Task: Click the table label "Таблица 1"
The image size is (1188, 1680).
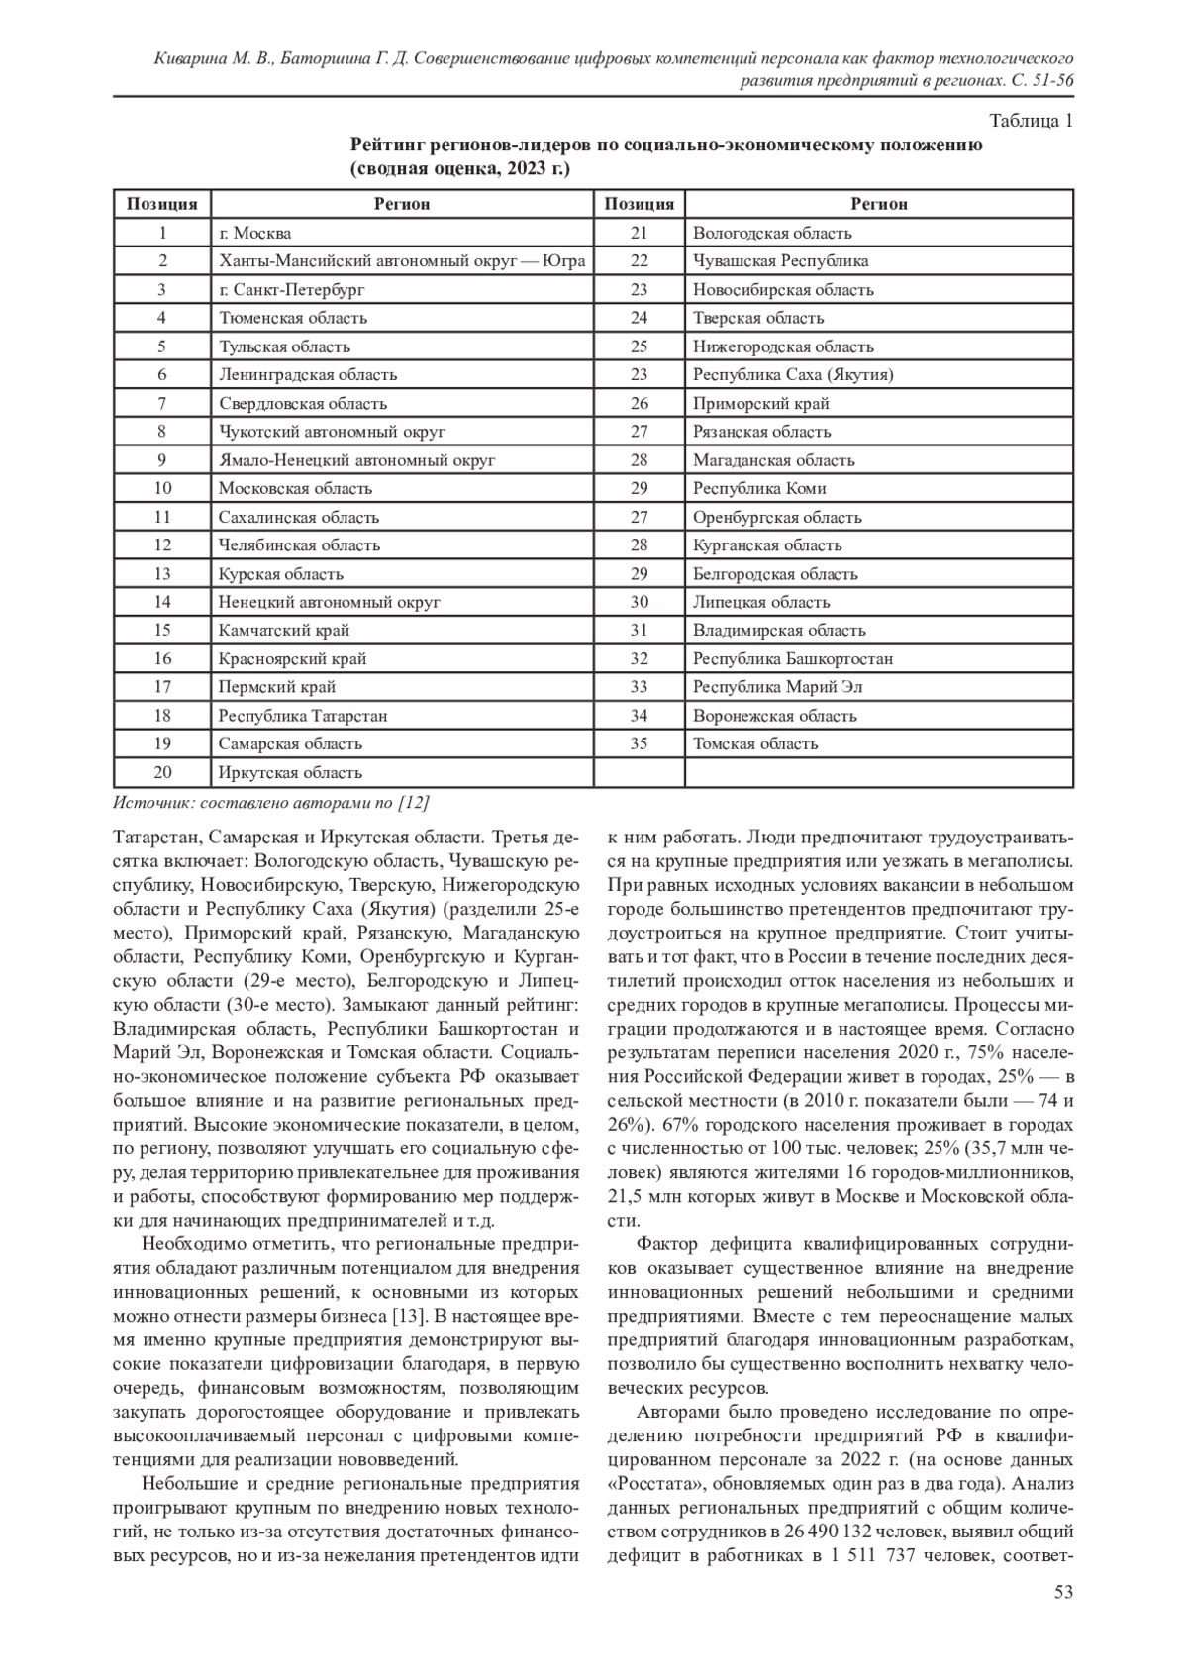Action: [x=1032, y=122]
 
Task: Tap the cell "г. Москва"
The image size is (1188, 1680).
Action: [x=255, y=233]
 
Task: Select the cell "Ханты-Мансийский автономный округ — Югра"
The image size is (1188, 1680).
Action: [x=402, y=261]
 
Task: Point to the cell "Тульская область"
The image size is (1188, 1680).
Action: [x=284, y=346]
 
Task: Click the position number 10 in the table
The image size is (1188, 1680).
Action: [x=163, y=488]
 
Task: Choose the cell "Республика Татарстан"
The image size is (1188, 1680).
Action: [x=303, y=716]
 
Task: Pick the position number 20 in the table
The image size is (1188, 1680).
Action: [x=163, y=772]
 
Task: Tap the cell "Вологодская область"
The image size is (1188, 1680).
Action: [x=772, y=233]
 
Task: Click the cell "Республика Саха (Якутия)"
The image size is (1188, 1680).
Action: [x=793, y=374]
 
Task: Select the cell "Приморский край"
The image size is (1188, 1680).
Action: [x=761, y=403]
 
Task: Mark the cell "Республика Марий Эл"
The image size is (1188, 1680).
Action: [x=779, y=687]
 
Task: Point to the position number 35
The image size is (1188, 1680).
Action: [x=639, y=743]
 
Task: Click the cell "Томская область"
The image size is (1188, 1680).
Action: [x=755, y=743]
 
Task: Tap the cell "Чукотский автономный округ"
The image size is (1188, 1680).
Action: [x=333, y=432]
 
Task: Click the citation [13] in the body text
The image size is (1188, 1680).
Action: [x=410, y=1318]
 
